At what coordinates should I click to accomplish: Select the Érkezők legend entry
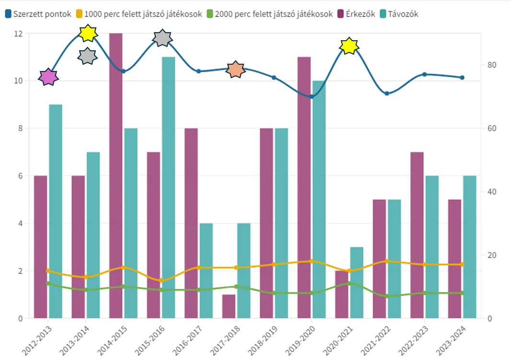click(x=359, y=14)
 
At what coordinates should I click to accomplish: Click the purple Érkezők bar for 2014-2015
click(x=116, y=175)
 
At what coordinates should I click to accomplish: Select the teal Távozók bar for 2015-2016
click(x=168, y=187)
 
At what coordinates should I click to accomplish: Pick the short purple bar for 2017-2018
click(x=229, y=306)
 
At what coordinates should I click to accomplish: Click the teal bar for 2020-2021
click(x=357, y=282)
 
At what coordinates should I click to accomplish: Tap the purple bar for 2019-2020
click(x=304, y=187)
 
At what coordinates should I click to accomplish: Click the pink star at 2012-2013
click(x=48, y=77)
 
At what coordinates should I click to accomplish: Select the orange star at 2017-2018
click(x=235, y=70)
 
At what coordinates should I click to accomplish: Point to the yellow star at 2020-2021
click(x=349, y=46)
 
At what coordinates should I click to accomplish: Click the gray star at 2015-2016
click(x=163, y=38)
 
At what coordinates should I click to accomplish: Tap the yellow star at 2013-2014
click(x=88, y=33)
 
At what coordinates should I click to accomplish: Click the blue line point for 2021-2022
click(x=387, y=93)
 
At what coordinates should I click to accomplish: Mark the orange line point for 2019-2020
click(x=312, y=261)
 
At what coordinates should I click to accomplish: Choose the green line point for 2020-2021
click(x=349, y=283)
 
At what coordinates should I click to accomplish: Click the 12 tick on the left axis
click(x=19, y=34)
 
